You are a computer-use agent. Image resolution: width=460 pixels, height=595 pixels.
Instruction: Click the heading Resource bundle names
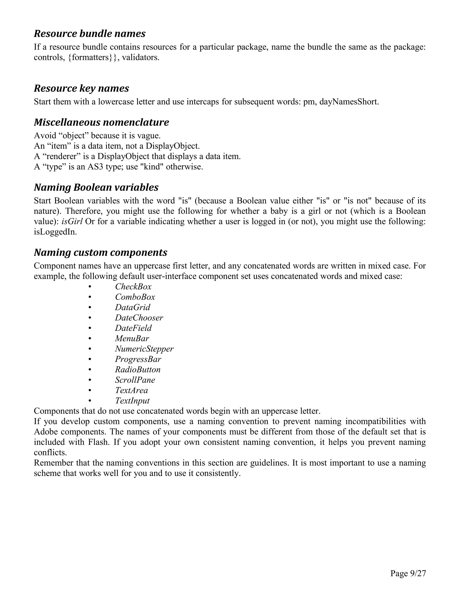pyautogui.click(x=90, y=33)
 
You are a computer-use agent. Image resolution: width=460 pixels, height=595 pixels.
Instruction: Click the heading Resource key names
pyautogui.click(x=82, y=88)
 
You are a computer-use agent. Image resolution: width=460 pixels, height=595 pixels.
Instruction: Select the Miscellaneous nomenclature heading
pyautogui.click(x=101, y=122)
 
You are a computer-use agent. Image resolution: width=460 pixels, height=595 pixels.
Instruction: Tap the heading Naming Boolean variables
pyautogui.click(x=96, y=187)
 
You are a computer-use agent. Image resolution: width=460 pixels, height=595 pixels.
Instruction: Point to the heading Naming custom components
pyautogui.click(x=101, y=253)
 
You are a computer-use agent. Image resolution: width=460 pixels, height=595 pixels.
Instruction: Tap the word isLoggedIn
pyautogui.click(x=55, y=232)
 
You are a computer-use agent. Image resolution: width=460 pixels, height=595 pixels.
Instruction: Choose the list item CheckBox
pyautogui.click(x=133, y=286)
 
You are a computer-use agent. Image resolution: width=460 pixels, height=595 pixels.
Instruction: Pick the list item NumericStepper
pyautogui.click(x=144, y=349)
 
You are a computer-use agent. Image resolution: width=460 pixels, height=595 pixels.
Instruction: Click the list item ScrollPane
pyautogui.click(x=135, y=380)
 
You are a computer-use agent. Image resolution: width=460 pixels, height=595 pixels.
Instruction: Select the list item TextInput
pyautogui.click(x=132, y=401)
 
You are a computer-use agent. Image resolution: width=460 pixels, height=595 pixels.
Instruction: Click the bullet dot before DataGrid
pyautogui.click(x=90, y=308)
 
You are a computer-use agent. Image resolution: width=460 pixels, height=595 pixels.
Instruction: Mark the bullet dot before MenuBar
pyautogui.click(x=90, y=339)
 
